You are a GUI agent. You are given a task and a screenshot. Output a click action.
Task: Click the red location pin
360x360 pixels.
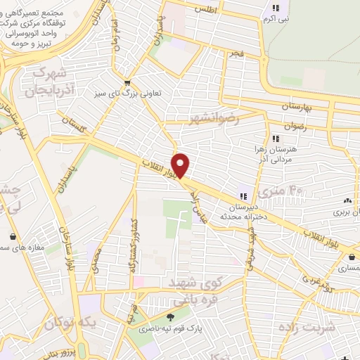tap(181, 165)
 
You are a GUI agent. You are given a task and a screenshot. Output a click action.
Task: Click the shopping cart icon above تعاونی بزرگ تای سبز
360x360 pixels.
tap(127, 82)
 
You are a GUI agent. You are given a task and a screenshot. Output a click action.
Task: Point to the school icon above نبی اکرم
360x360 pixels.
tap(276, 8)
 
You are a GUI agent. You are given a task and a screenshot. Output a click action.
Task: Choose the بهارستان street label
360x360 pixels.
tap(307, 105)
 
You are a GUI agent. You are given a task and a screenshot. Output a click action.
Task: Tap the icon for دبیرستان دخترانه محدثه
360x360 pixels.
tap(244, 196)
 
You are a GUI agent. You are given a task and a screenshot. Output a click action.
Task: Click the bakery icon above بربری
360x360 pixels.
tap(347, 200)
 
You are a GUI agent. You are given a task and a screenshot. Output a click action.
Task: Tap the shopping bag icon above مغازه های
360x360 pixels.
tap(15, 236)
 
